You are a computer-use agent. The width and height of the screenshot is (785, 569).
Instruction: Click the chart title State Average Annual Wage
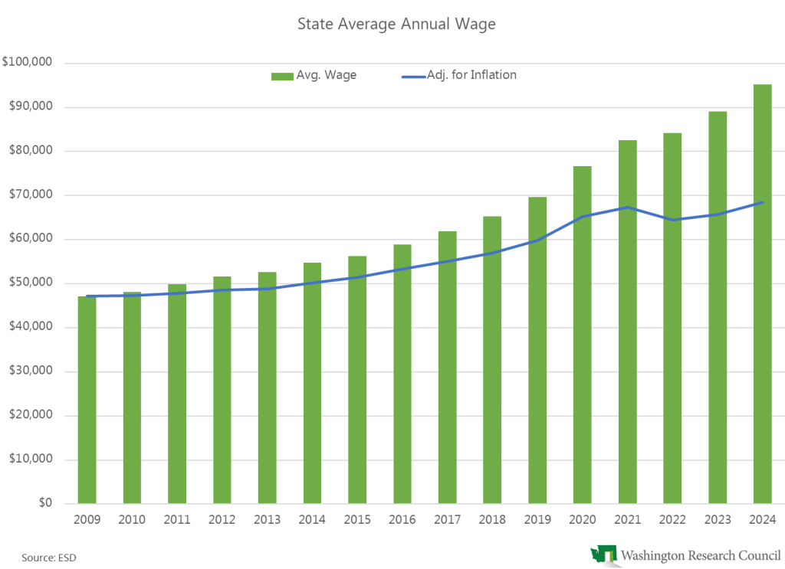(396, 25)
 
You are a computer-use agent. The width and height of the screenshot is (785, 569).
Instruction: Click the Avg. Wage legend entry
(314, 75)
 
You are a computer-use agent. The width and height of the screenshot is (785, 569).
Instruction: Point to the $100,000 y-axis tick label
(28, 63)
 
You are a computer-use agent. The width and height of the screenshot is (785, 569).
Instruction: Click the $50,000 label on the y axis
(30, 283)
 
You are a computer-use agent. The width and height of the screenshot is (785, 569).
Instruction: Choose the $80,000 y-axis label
(30, 151)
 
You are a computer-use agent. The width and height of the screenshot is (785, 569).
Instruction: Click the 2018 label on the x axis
(492, 520)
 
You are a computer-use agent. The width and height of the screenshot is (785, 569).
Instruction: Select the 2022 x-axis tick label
(672, 520)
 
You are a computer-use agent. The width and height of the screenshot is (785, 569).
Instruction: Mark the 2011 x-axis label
(177, 520)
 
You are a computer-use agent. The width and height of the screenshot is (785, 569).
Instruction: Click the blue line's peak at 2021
(627, 208)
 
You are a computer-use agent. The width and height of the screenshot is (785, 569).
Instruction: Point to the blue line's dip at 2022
(672, 220)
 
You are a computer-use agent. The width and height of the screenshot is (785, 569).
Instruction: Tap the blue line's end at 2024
(762, 202)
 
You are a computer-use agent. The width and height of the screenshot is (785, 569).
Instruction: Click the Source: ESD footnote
(44, 558)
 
